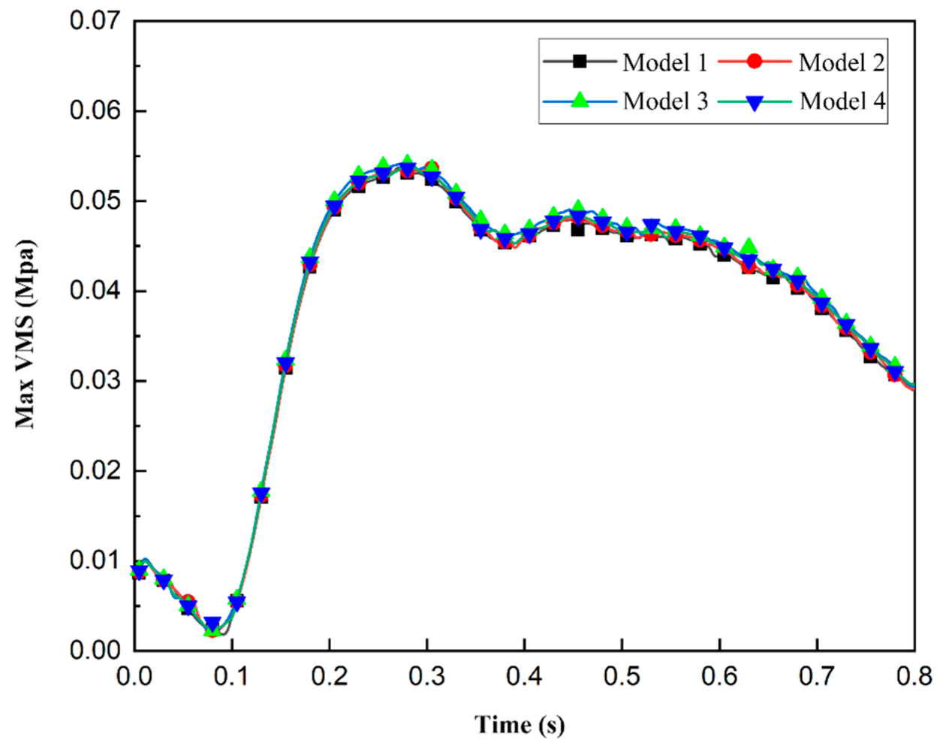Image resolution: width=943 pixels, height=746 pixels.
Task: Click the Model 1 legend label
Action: click(x=665, y=62)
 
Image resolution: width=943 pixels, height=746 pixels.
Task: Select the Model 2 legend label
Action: click(x=841, y=62)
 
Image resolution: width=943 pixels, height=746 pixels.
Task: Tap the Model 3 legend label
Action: click(x=665, y=101)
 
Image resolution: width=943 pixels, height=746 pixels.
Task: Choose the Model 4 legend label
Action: click(x=842, y=101)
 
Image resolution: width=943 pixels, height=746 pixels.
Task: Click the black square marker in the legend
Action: click(x=580, y=62)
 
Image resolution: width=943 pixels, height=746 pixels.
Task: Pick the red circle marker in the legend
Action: click(x=755, y=62)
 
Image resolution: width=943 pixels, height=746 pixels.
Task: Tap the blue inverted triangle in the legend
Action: click(x=755, y=101)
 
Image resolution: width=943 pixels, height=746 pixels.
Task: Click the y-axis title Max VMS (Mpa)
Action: click(x=26, y=334)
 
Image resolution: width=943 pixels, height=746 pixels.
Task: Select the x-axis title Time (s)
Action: click(x=520, y=725)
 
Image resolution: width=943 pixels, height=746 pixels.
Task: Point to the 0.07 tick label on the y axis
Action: click(x=95, y=21)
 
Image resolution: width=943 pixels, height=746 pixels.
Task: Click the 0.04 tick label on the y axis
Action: click(x=95, y=291)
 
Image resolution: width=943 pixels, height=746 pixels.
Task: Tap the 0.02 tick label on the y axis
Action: click(x=95, y=470)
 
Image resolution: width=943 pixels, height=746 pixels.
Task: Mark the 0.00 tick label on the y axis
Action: click(x=95, y=650)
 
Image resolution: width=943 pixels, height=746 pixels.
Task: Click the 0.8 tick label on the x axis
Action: click(x=914, y=677)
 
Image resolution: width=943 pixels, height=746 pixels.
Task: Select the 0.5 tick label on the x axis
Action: click(x=622, y=677)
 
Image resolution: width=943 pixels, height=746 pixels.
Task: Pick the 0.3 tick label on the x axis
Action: click(x=426, y=677)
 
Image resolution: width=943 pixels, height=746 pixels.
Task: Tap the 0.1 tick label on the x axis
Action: click(x=232, y=677)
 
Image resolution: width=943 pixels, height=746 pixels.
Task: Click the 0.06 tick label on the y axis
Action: click(x=95, y=111)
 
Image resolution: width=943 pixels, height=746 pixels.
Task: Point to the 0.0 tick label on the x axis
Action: click(x=135, y=677)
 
